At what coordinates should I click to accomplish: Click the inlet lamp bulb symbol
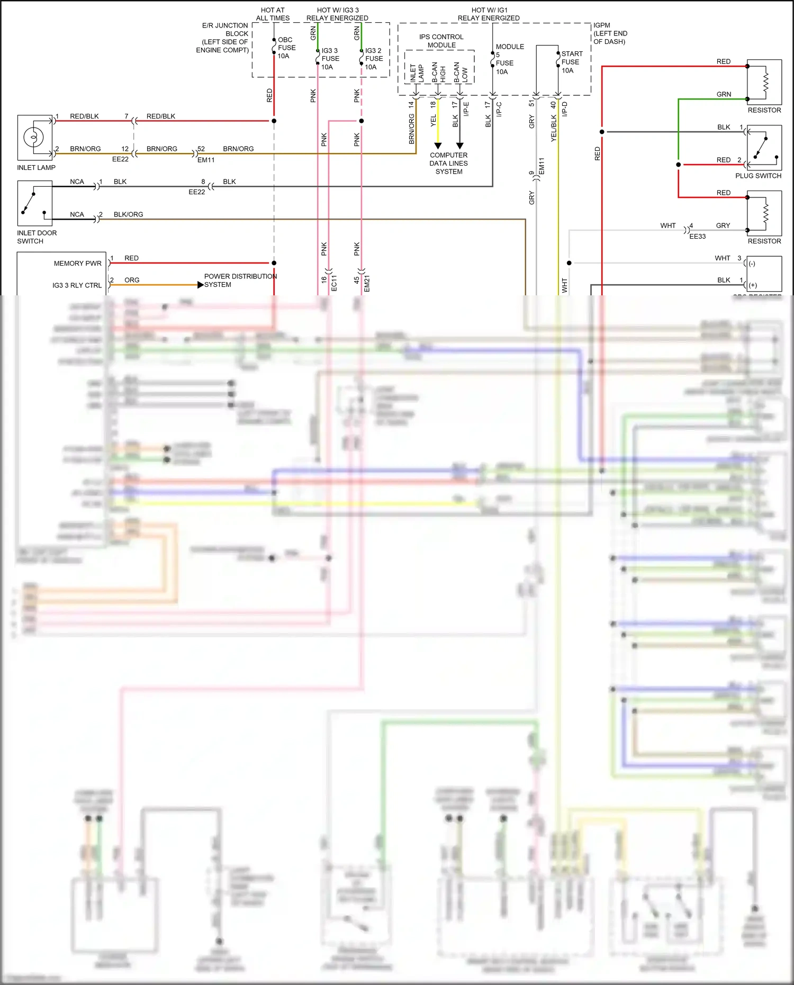click(33, 138)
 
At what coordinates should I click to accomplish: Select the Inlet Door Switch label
click(37, 237)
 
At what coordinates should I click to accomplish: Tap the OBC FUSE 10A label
click(286, 48)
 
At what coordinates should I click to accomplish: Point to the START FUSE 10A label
click(572, 62)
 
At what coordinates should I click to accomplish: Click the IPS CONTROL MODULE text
click(441, 41)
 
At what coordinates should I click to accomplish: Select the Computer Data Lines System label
click(448, 163)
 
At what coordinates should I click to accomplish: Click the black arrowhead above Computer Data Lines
click(459, 146)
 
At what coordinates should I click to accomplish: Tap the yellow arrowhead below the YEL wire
click(438, 146)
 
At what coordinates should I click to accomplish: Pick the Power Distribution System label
click(240, 280)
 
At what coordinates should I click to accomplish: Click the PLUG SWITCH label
click(758, 176)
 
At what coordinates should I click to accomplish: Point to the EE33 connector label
click(697, 237)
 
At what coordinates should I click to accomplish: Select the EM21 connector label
click(367, 283)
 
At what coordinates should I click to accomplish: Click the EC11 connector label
click(334, 283)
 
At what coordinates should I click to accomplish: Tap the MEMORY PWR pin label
click(77, 263)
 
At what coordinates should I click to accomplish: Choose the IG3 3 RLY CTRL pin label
click(77, 285)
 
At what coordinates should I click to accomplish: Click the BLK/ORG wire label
click(128, 214)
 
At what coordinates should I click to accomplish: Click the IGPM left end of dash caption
click(610, 33)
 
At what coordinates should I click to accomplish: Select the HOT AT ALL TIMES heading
click(273, 14)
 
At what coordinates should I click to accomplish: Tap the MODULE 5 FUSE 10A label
click(509, 59)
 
